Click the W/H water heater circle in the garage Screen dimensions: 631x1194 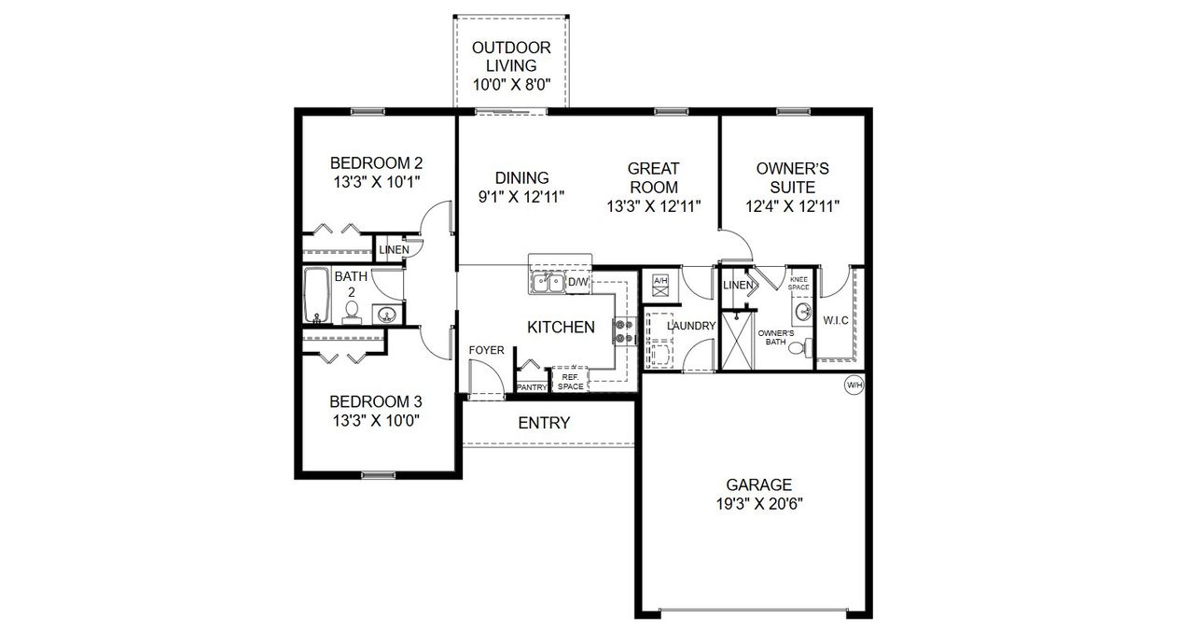click(x=854, y=384)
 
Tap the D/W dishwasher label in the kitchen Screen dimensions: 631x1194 click(x=577, y=281)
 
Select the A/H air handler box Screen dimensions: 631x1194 click(x=660, y=281)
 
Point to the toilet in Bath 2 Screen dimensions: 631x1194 click(x=352, y=315)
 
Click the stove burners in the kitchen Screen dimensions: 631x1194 click(x=622, y=331)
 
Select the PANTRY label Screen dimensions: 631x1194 click(x=532, y=386)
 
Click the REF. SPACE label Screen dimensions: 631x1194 click(x=571, y=382)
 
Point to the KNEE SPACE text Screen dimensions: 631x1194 click(x=798, y=283)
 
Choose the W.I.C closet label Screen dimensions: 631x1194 click(x=835, y=321)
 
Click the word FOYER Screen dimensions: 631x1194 click(x=487, y=350)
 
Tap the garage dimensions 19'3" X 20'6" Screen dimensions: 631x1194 click(x=759, y=502)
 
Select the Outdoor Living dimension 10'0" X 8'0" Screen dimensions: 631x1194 click(x=510, y=85)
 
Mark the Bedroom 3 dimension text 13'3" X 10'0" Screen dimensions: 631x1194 click(x=375, y=420)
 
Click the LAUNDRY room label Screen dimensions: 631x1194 click(x=691, y=326)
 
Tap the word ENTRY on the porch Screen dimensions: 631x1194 click(x=544, y=423)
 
